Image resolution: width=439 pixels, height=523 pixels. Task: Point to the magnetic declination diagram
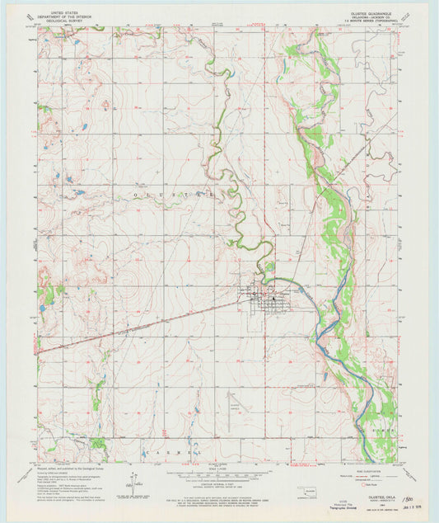pyautogui.click(x=132, y=481)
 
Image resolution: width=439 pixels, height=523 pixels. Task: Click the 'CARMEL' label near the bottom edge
pyautogui.click(x=174, y=453)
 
